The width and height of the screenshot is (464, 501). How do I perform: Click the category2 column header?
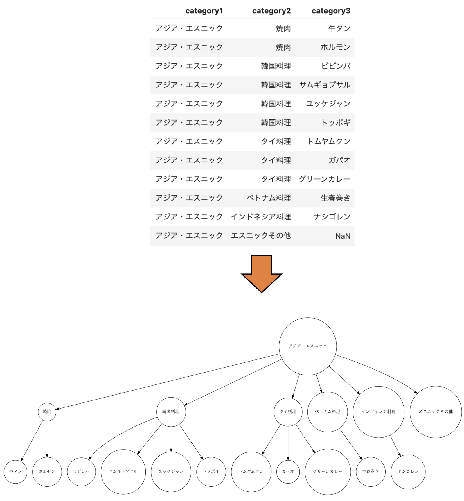click(x=271, y=11)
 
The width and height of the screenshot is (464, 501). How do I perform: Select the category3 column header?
click(x=331, y=11)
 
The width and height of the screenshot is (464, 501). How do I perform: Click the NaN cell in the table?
click(x=343, y=236)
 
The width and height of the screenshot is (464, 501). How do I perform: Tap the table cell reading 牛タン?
click(x=339, y=28)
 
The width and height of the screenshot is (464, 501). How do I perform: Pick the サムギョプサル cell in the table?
click(x=325, y=85)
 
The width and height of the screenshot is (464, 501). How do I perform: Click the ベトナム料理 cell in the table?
click(x=269, y=198)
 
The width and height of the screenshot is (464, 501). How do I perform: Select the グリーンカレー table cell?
click(x=325, y=179)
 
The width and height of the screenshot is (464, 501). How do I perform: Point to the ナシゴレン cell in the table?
click(x=332, y=217)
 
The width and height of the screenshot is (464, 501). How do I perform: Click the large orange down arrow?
click(x=262, y=274)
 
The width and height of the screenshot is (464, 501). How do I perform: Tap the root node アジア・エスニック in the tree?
click(x=308, y=346)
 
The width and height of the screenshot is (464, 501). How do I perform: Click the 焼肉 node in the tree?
click(x=47, y=412)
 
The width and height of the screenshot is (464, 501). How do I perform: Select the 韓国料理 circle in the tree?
click(x=171, y=412)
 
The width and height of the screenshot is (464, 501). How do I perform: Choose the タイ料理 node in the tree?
click(x=288, y=412)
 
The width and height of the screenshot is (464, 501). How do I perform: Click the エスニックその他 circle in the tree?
click(x=436, y=412)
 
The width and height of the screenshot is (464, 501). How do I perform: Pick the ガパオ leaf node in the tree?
click(x=288, y=472)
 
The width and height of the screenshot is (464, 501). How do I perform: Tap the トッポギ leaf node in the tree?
click(x=211, y=472)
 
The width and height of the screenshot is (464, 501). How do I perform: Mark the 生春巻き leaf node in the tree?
click(x=371, y=472)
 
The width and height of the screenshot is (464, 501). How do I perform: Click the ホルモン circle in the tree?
click(x=47, y=472)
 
